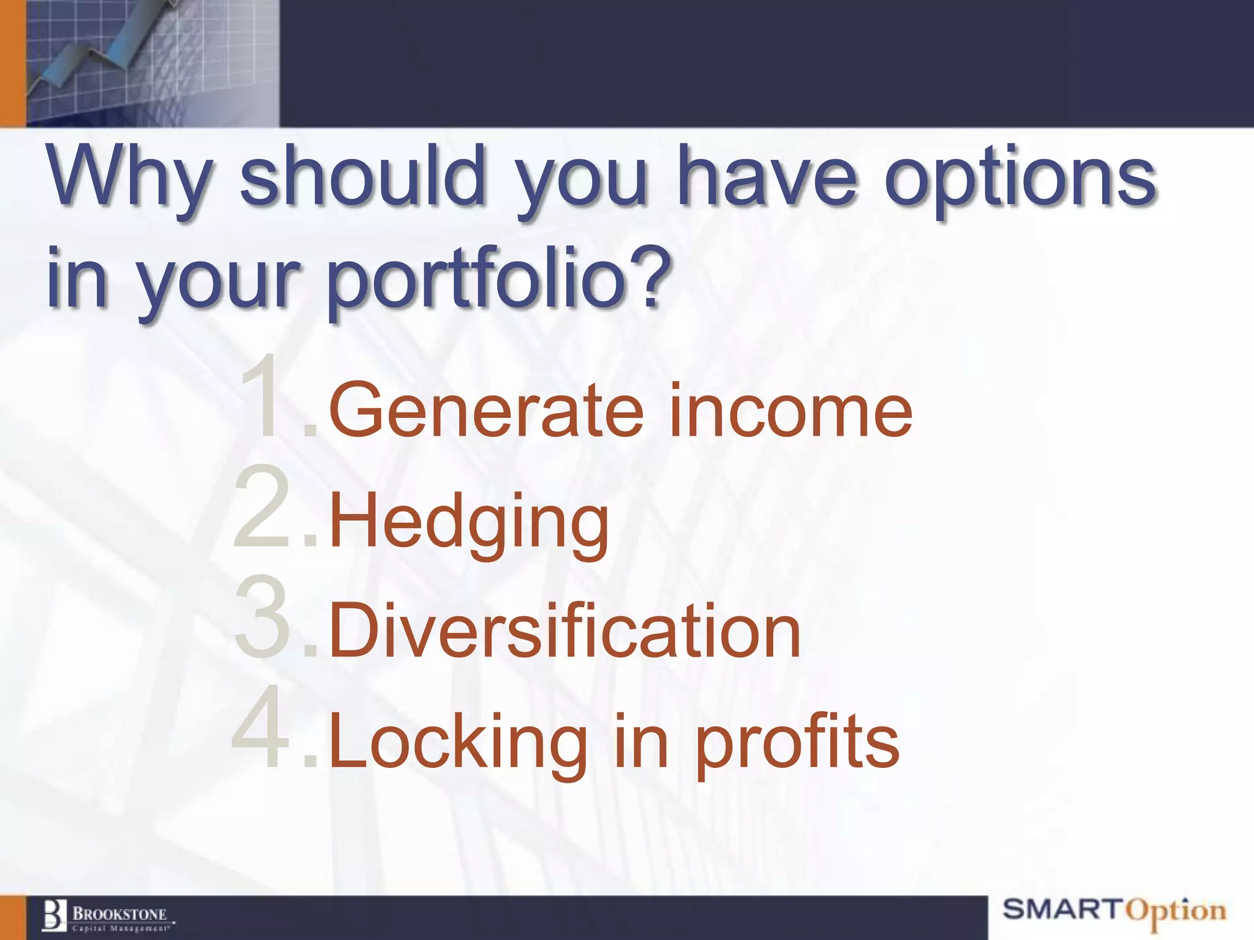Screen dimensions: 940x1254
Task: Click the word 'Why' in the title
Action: click(x=129, y=177)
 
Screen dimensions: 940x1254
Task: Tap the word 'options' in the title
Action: click(x=1019, y=181)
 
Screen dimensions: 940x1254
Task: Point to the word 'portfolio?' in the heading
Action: click(x=496, y=282)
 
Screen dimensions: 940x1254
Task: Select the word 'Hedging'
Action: click(x=469, y=523)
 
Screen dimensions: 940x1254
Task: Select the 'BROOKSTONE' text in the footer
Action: click(x=120, y=914)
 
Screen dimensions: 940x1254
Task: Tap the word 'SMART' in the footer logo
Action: click(x=1062, y=909)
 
